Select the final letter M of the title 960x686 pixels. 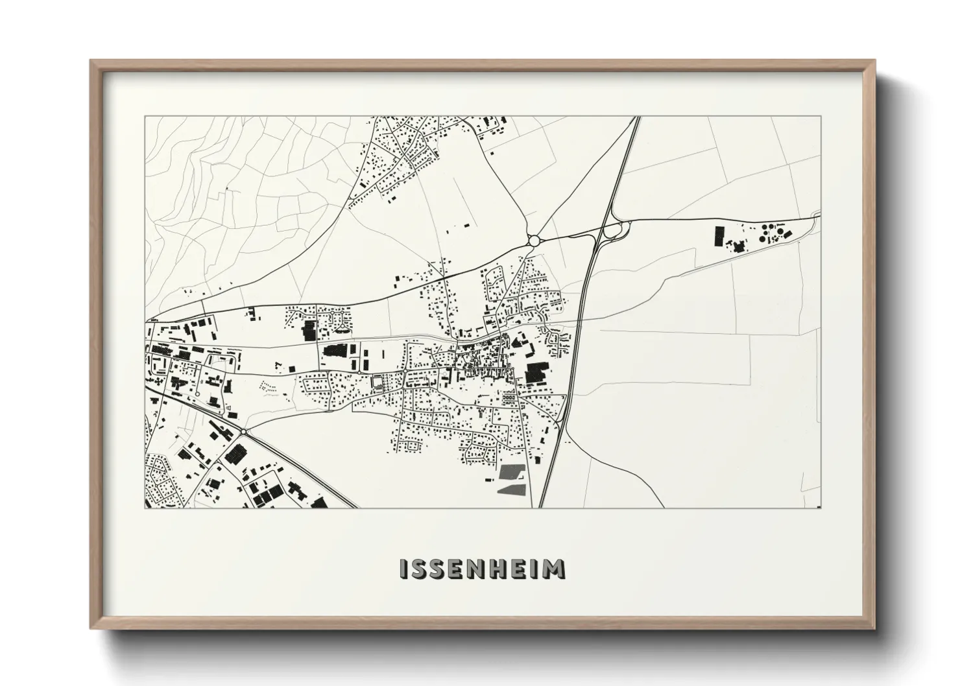[x=554, y=569]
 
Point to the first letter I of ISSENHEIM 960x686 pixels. [x=404, y=569]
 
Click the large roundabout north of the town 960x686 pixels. [x=534, y=241]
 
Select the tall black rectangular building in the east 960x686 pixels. [x=719, y=236]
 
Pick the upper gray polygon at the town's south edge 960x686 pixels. [x=511, y=472]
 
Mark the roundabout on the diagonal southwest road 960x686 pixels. [x=243, y=431]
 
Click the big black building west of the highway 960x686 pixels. [x=536, y=373]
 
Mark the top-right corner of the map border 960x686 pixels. [x=821, y=117]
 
